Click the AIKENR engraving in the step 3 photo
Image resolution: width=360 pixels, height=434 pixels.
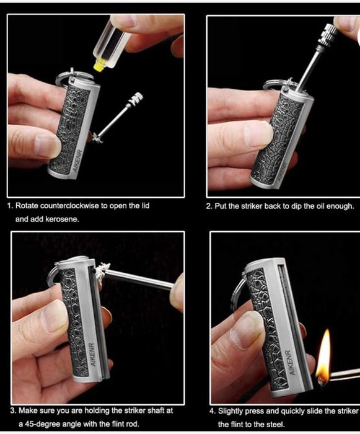[93, 355]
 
